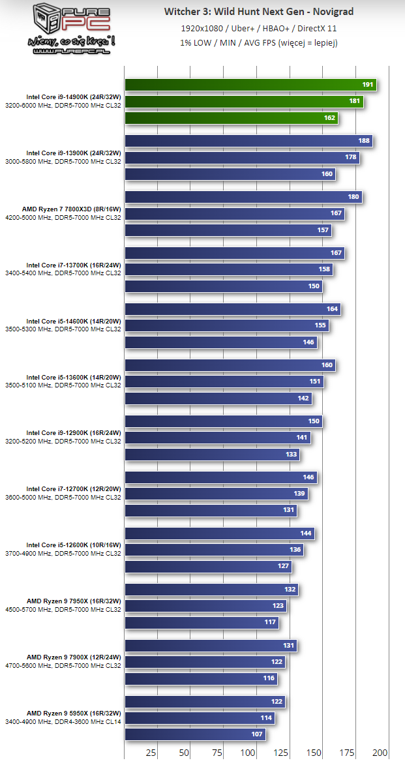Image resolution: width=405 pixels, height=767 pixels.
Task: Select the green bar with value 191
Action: tap(250, 85)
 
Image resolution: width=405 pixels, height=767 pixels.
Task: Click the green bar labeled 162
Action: tap(232, 118)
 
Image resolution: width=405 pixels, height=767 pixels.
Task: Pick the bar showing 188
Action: tap(248, 141)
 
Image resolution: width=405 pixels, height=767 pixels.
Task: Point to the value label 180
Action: tap(353, 197)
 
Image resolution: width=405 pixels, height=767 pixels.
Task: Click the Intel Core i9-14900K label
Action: tap(74, 97)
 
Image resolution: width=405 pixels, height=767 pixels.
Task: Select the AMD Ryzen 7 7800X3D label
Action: tap(74, 209)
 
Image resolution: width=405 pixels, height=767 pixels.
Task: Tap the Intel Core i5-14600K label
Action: tap(74, 321)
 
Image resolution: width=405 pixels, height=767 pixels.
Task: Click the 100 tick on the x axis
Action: tap(248, 752)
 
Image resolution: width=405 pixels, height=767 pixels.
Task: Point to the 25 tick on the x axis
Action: tap(151, 752)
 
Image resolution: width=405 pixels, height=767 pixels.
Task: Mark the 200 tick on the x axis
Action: tap(380, 752)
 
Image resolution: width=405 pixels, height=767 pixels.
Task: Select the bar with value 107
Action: tap(195, 734)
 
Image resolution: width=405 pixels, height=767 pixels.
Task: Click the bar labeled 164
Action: tap(233, 309)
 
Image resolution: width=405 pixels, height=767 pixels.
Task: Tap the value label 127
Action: tap(284, 566)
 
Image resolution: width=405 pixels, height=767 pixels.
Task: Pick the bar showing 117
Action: tap(202, 622)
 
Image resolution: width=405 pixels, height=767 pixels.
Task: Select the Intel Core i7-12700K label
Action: tap(74, 489)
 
